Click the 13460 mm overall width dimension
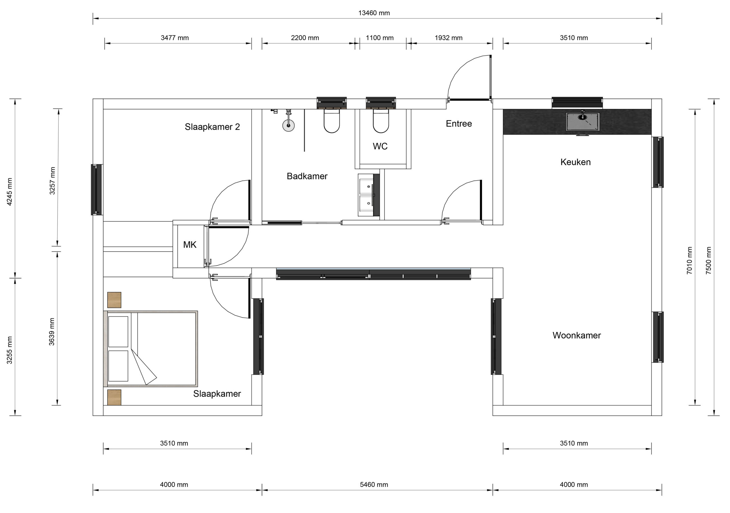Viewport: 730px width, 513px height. click(x=374, y=13)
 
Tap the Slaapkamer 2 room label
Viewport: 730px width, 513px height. click(x=212, y=127)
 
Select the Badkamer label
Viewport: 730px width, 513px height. click(x=307, y=176)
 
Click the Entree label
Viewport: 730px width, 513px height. click(x=459, y=124)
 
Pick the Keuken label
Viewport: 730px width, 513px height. click(x=575, y=162)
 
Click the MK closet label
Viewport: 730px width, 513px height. click(x=190, y=245)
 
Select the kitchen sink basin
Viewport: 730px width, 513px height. click(x=583, y=121)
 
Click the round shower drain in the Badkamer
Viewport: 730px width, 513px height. click(x=288, y=125)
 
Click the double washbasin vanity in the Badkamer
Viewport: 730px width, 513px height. click(x=368, y=195)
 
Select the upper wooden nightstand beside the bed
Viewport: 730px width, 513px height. click(x=114, y=300)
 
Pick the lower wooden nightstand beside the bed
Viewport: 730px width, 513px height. click(x=114, y=397)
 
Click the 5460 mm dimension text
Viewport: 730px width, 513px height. click(x=374, y=485)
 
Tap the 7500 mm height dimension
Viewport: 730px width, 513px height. click(x=709, y=260)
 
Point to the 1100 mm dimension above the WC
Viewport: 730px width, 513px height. click(x=380, y=38)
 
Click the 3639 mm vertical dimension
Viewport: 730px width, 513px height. click(x=52, y=331)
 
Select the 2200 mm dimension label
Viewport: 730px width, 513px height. click(x=305, y=38)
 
